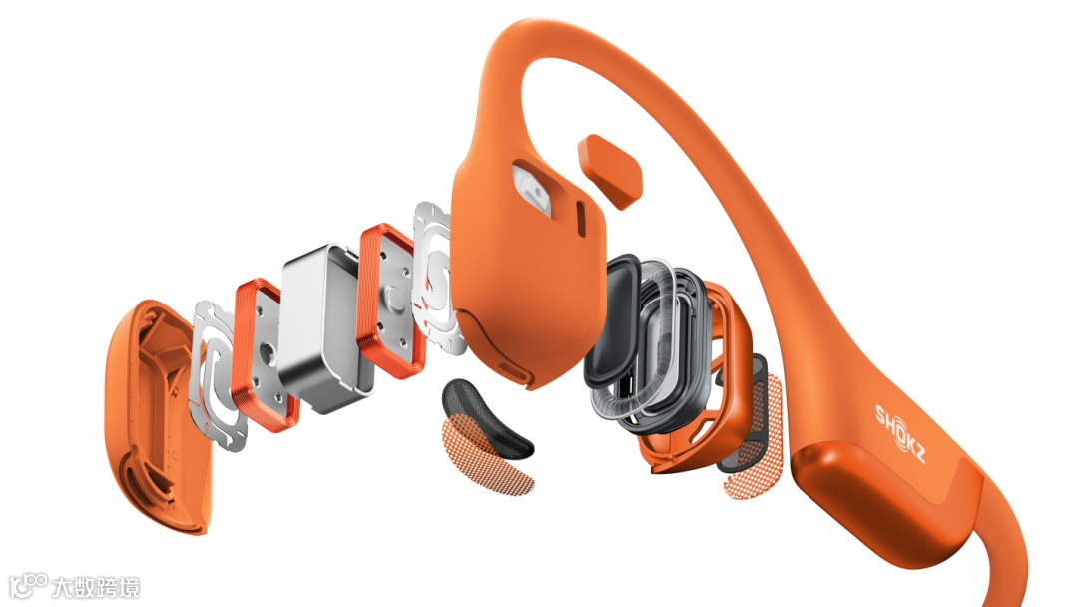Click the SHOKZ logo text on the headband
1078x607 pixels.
click(900, 433)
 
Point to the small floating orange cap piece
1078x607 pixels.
click(611, 171)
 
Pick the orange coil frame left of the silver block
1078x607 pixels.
click(264, 354)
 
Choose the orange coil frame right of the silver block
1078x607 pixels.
click(390, 301)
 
